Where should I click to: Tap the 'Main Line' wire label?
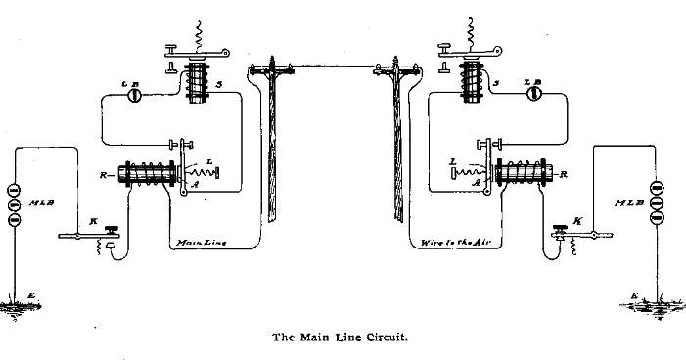(x=200, y=241)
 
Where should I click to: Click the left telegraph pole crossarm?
(x=273, y=70)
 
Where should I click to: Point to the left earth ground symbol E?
(x=15, y=306)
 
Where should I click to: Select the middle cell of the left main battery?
(x=13, y=205)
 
